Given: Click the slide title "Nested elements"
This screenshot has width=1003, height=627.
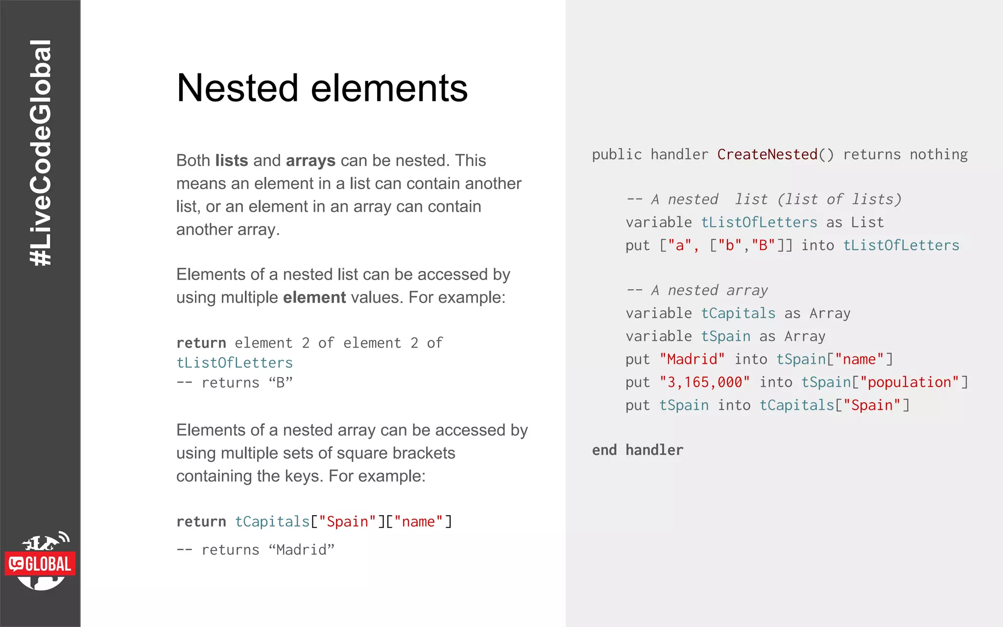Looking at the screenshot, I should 322,88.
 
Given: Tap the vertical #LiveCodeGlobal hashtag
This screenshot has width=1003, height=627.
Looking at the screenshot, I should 41,153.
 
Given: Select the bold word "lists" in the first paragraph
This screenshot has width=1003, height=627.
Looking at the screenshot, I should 232,161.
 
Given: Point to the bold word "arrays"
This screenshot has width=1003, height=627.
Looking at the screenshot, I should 310,161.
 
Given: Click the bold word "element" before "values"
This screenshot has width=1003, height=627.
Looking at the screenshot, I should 314,297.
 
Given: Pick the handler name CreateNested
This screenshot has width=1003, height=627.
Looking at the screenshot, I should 767,155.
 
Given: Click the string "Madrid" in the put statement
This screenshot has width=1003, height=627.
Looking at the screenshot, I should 692,360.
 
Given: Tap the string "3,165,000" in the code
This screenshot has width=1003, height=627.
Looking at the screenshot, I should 704,383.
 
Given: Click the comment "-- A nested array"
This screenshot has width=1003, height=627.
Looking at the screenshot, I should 697,290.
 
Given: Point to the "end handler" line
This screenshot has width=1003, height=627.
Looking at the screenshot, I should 637,450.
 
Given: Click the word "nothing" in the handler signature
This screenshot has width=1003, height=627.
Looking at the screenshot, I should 938,155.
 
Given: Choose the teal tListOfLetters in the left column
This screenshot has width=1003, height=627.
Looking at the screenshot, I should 235,363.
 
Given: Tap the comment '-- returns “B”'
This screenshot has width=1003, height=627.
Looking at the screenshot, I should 235,383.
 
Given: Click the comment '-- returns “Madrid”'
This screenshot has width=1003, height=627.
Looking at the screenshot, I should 255,550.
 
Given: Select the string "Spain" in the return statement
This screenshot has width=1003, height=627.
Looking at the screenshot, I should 348,522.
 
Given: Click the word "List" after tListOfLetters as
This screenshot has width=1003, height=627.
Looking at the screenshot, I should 867,223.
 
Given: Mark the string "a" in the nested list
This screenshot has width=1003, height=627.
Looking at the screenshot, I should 680,245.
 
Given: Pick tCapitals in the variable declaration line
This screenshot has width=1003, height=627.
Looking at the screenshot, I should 738,313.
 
